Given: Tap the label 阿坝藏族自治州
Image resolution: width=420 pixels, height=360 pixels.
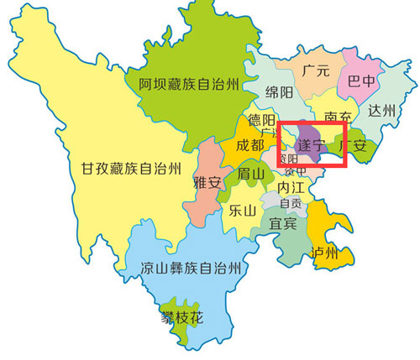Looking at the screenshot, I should click(190, 83).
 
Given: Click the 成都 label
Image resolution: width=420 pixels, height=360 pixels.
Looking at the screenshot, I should click(249, 145).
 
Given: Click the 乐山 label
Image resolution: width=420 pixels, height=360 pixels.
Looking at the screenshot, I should click(241, 211).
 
